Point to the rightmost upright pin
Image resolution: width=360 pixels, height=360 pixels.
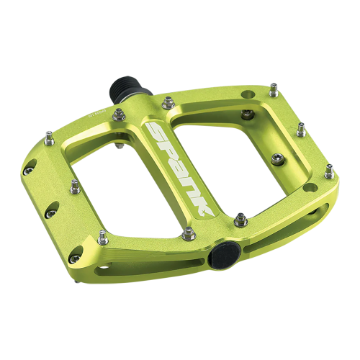point(329,171)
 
